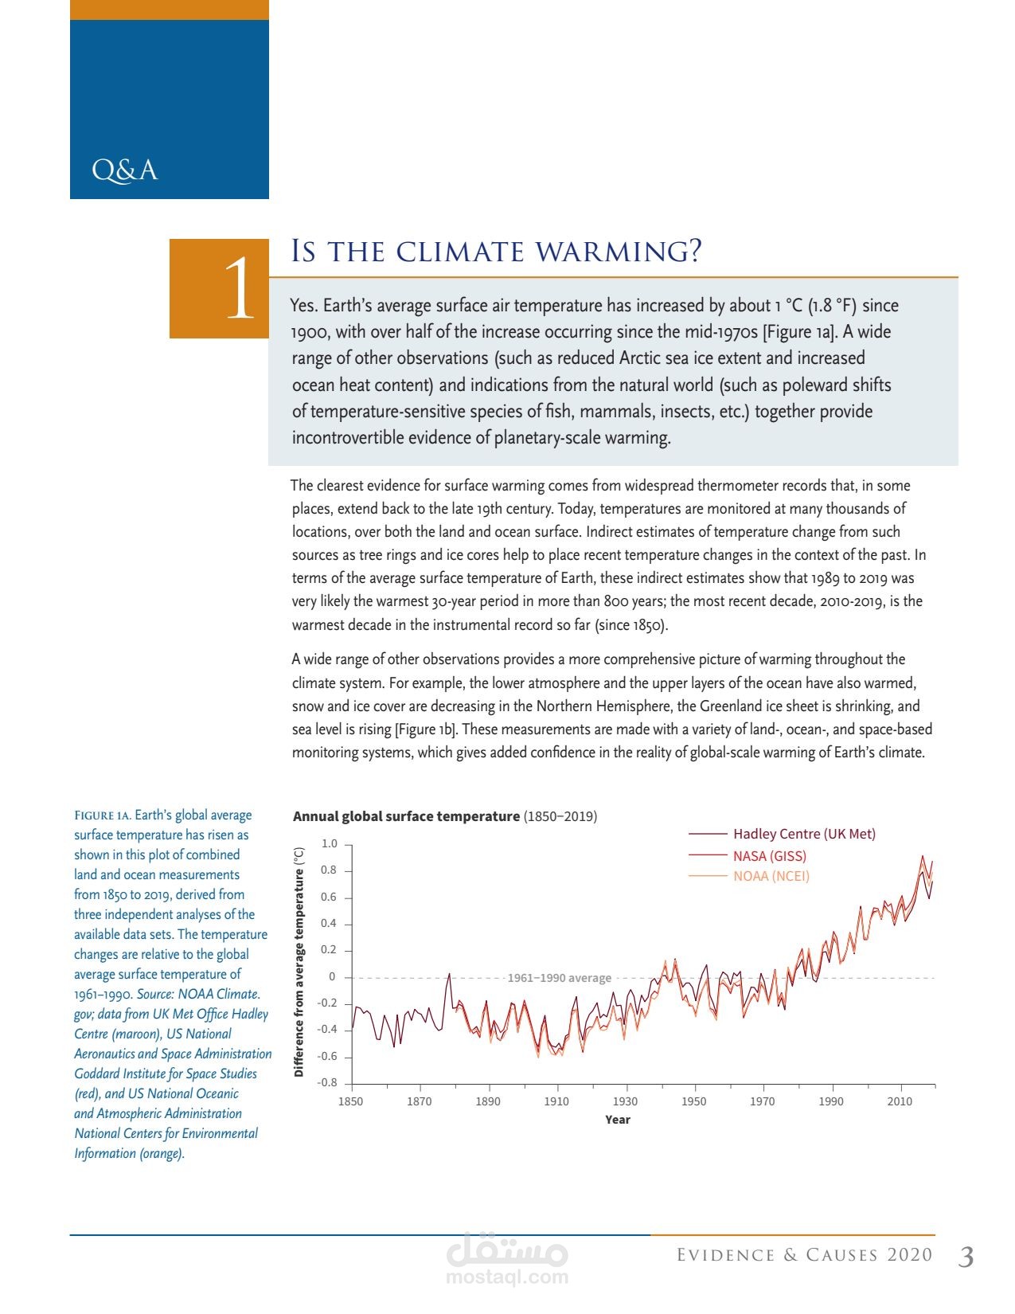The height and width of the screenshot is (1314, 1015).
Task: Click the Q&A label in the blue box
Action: coord(125,170)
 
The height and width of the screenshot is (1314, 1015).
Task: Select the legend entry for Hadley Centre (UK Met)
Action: coord(804,834)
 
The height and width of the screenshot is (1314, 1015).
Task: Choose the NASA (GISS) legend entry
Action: coord(769,856)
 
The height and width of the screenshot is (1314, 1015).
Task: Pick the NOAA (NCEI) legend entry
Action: coord(771,876)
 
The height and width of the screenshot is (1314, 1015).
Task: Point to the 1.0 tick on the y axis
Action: coord(329,843)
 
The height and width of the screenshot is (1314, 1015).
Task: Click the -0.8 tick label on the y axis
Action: coord(327,1082)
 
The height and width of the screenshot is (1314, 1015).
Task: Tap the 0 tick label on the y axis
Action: coord(333,976)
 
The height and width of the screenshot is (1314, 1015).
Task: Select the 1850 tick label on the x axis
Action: coord(350,1101)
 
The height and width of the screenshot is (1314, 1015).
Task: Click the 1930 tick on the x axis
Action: coord(625,1101)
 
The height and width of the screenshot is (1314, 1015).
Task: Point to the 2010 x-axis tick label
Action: coord(900,1101)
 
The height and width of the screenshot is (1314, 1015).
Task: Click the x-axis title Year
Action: coord(617,1120)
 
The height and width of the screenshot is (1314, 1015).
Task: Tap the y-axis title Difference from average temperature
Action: coord(299,962)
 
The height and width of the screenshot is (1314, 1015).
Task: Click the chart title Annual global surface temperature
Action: coord(406,816)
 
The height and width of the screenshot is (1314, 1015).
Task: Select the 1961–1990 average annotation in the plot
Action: coord(559,978)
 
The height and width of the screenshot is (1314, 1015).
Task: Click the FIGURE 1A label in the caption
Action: coord(102,815)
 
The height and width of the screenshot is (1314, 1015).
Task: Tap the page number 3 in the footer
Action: coord(966,1257)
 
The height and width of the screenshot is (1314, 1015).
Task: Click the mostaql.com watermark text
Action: coord(507,1277)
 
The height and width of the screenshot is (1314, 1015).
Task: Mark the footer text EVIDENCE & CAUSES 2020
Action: coord(804,1256)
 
